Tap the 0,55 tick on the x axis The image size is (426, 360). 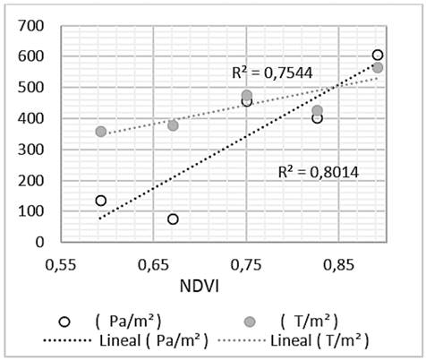point(62,266)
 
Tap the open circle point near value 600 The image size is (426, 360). point(378,56)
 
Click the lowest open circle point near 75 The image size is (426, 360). point(173,219)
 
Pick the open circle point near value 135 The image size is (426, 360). point(100,201)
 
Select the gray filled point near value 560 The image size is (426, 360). point(378,68)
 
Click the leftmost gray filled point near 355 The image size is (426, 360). point(100,132)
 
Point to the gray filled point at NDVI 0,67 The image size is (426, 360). point(173,125)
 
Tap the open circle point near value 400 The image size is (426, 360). point(317,118)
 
